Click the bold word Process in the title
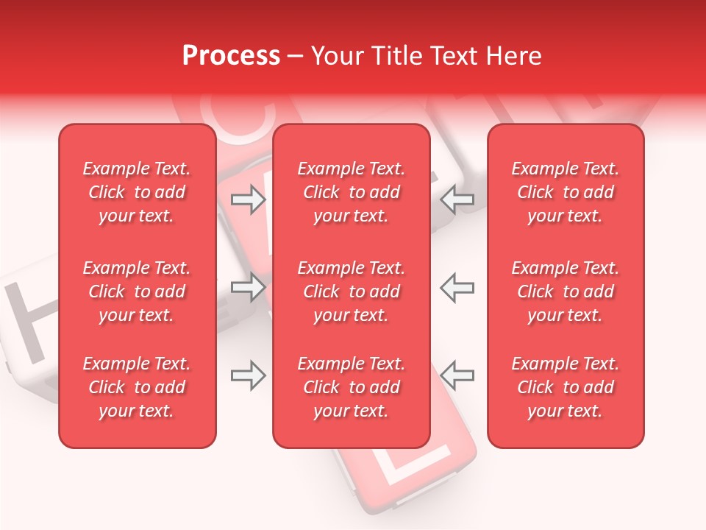(x=231, y=56)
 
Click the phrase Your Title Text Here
(x=427, y=56)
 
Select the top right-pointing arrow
(x=248, y=199)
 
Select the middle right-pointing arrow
(x=248, y=287)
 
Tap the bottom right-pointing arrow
(x=248, y=375)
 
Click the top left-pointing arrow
(x=457, y=199)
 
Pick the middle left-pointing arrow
(x=457, y=287)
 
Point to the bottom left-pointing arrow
(x=457, y=375)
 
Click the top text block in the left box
(x=137, y=192)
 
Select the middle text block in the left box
(x=137, y=291)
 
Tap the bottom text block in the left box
(x=137, y=387)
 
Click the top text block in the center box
(x=352, y=192)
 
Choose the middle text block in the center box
(x=352, y=291)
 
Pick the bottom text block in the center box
(x=352, y=387)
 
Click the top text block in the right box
(x=566, y=192)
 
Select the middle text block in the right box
(x=566, y=291)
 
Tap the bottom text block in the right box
(x=566, y=387)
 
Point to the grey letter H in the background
(x=29, y=324)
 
